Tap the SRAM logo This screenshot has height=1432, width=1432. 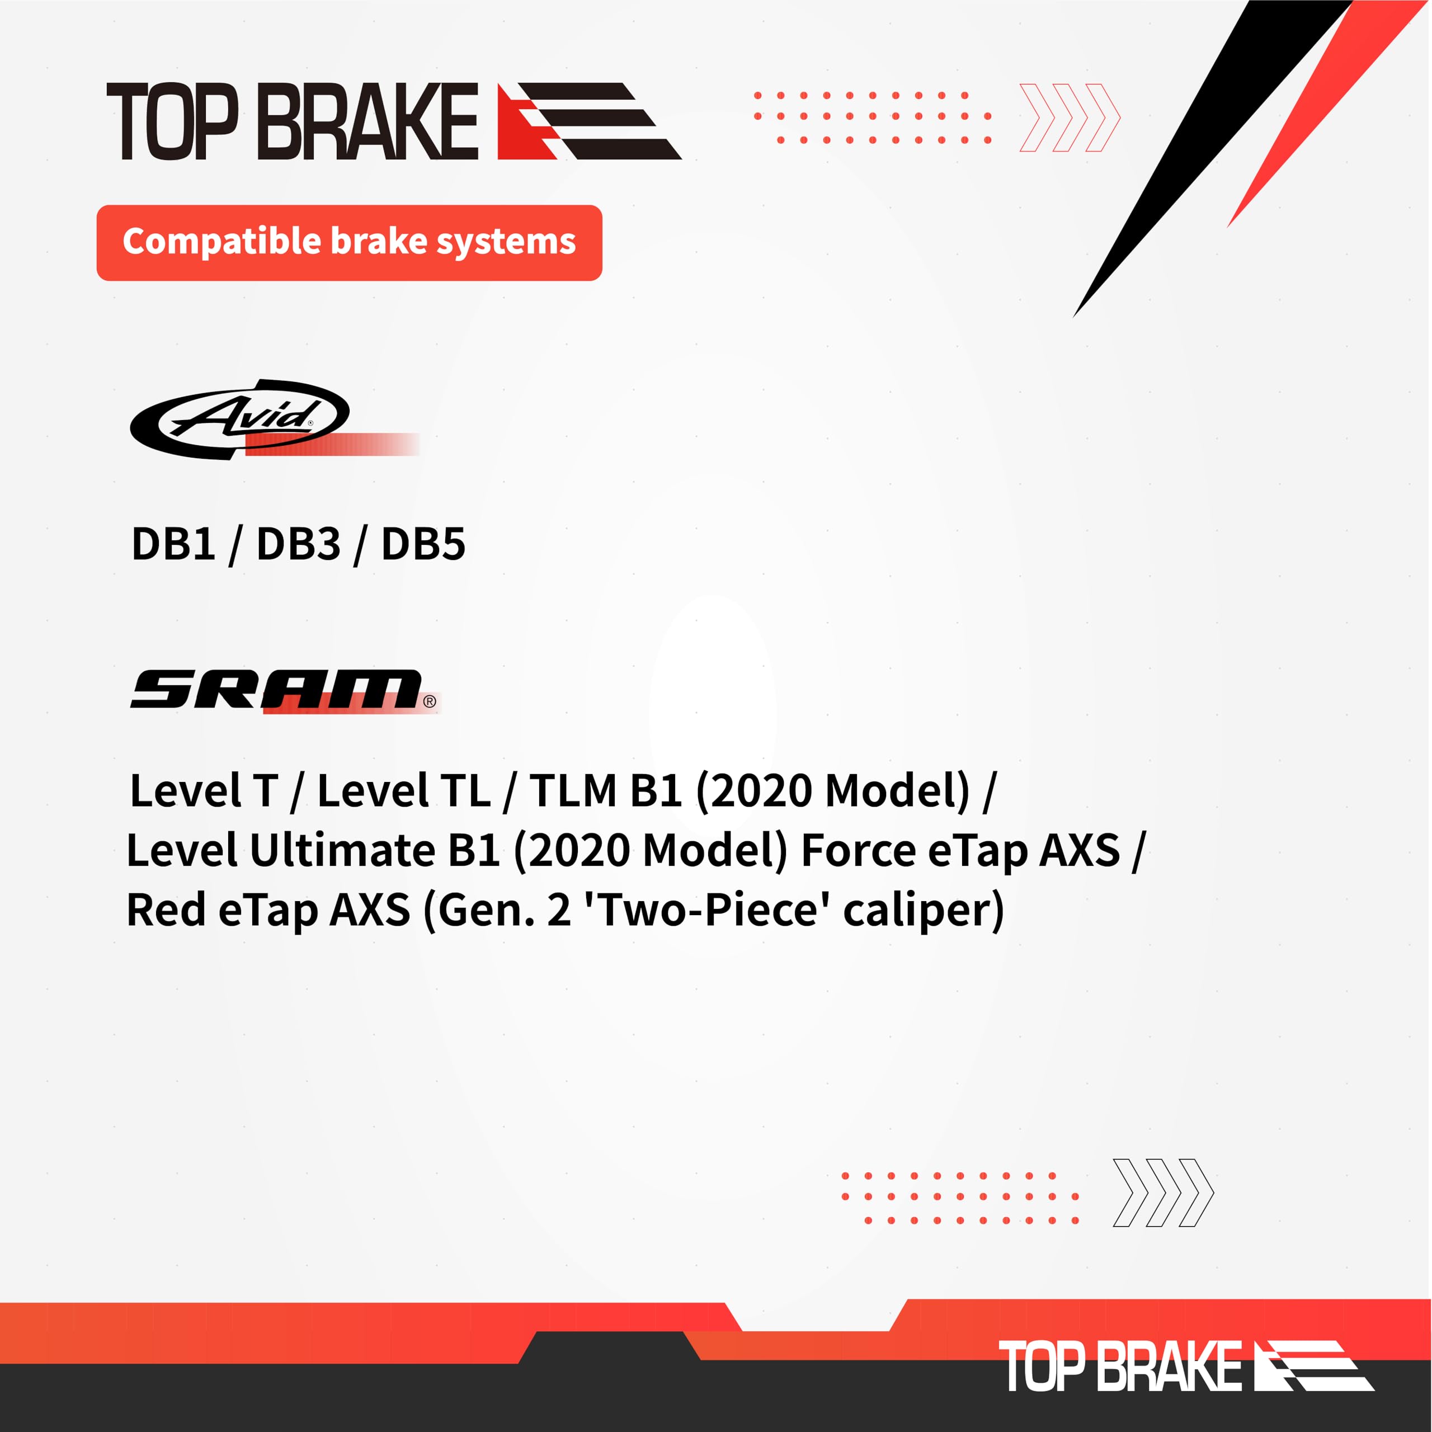pos(276,689)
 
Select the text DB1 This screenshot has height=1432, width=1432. pos(173,544)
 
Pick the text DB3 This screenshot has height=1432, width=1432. pos(298,544)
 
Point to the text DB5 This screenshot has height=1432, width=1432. pos(423,544)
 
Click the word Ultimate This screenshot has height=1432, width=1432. pos(342,850)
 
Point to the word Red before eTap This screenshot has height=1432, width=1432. pos(167,910)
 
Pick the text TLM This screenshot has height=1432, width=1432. pos(572,791)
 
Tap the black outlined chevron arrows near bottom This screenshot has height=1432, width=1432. pos(1162,1193)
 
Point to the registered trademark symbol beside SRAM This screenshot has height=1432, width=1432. pos(430,701)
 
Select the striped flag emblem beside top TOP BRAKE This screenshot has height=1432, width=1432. pos(588,121)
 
